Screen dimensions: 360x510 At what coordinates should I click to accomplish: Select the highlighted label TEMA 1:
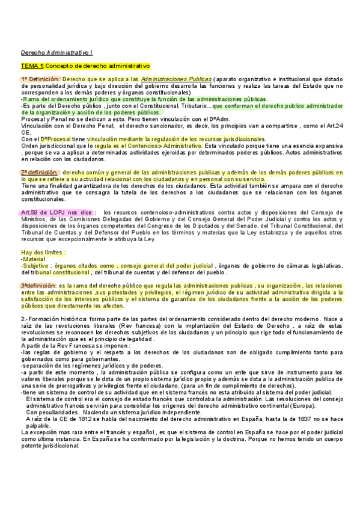click(32, 66)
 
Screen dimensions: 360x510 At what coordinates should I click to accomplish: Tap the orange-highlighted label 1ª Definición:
click(41, 79)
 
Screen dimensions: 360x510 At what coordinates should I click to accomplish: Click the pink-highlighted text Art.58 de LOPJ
click(50, 212)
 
